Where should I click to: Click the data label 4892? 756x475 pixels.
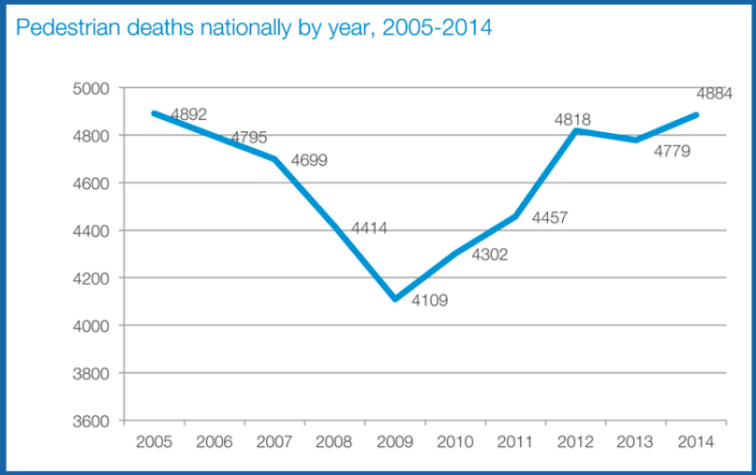pyautogui.click(x=188, y=114)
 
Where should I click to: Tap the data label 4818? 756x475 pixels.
pyautogui.click(x=571, y=120)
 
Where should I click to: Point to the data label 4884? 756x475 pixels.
pyautogui.click(x=714, y=94)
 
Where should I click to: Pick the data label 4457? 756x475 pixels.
pyautogui.click(x=550, y=218)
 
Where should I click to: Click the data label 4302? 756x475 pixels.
pyautogui.click(x=489, y=254)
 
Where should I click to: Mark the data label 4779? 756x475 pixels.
pyautogui.click(x=672, y=150)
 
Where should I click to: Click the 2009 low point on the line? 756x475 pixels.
pyautogui.click(x=394, y=299)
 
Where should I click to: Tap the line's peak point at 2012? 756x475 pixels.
pyautogui.click(x=577, y=131)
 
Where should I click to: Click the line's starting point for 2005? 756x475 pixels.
pyautogui.click(x=153, y=113)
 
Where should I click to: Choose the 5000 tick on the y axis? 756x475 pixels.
pyautogui.click(x=91, y=88)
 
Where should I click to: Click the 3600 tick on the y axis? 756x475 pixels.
pyautogui.click(x=91, y=421)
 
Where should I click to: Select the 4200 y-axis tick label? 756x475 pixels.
pyautogui.click(x=91, y=278)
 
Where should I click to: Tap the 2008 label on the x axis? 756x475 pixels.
pyautogui.click(x=334, y=441)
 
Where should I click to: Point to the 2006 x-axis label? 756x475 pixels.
pyautogui.click(x=214, y=441)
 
